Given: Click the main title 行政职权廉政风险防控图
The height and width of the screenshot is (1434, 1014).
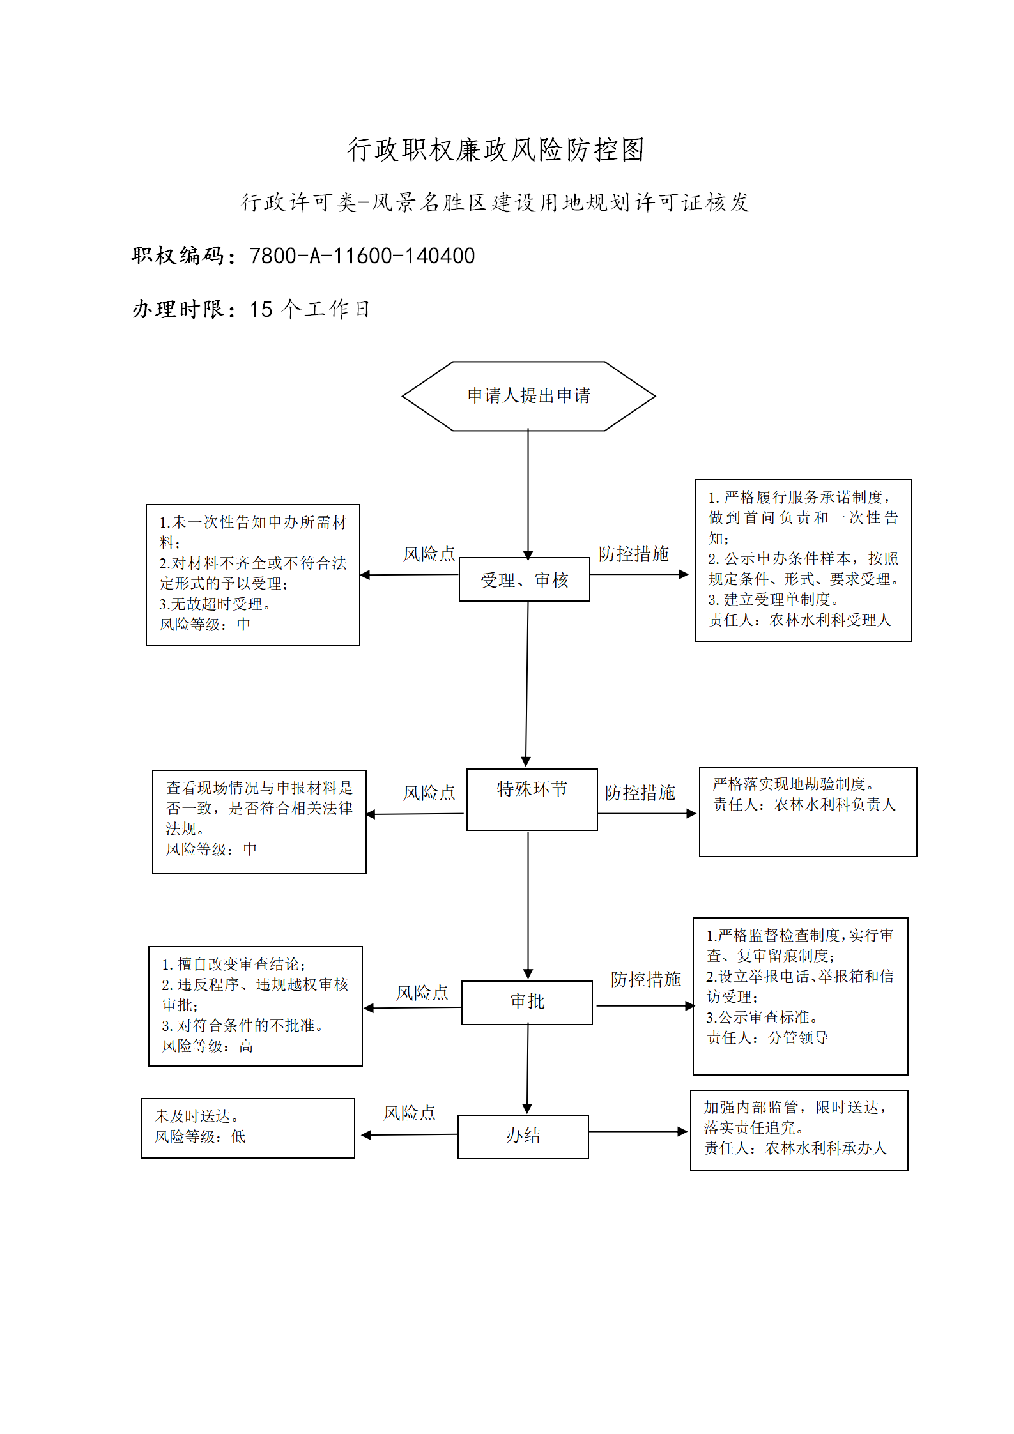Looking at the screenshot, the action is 496,149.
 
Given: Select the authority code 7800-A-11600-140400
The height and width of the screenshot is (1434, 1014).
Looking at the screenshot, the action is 362,256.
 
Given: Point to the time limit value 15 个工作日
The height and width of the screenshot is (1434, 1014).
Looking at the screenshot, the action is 310,309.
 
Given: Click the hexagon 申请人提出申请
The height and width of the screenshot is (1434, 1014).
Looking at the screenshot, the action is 528,396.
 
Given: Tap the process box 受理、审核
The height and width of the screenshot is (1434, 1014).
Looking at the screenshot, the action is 525,579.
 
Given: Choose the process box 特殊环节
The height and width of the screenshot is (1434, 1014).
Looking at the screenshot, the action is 532,800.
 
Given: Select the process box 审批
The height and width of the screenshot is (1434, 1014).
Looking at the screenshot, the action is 527,1002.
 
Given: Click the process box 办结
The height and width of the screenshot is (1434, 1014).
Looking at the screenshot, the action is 523,1136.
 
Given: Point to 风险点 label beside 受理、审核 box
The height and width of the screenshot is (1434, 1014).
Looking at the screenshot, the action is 429,554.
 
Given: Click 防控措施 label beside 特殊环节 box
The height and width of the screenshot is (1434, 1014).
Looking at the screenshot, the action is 640,793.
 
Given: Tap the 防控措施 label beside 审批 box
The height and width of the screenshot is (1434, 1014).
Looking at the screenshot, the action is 646,979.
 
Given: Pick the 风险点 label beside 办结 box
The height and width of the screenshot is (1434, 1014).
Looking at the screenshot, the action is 410,1113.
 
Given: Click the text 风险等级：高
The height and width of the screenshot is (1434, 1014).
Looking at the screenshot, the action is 208,1046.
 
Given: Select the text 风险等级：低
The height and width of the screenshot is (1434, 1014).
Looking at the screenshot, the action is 200,1136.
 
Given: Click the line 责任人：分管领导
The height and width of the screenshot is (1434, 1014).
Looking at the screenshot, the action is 767,1037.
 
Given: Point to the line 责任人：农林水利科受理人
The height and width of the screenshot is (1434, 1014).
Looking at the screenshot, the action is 799,620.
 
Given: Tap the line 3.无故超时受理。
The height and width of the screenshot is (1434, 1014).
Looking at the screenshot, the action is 215,604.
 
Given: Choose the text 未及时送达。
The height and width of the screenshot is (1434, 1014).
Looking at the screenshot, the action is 197,1116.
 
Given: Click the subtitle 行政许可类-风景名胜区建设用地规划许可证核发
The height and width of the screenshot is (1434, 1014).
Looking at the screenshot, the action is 495,202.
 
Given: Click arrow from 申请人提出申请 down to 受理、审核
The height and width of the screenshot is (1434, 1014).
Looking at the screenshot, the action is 528,494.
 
